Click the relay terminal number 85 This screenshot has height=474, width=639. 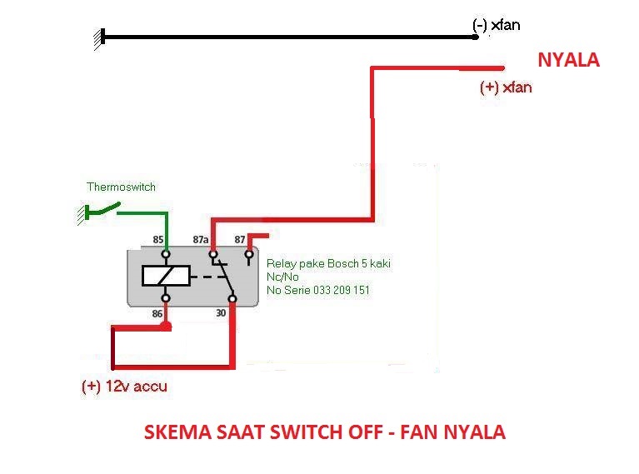158,240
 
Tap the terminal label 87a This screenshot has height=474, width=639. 201,240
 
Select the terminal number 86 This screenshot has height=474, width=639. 157,314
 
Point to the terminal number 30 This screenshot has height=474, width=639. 221,313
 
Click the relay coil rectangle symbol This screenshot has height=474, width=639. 166,276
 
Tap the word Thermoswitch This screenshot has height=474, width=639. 121,187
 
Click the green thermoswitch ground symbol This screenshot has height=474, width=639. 82,213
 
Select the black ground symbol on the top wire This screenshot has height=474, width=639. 99,39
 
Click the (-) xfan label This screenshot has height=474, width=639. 496,25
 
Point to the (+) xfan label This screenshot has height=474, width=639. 506,87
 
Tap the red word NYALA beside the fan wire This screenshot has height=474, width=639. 568,60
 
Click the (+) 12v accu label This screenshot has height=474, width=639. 124,386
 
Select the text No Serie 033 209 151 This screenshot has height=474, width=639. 318,290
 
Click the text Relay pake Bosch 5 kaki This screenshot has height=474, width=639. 328,264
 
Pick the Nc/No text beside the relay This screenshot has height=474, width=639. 282,277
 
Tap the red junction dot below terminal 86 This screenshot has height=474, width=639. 166,326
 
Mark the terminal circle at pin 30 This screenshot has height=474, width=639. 232,299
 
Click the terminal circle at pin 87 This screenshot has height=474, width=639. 249,255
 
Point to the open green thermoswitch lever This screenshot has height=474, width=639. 105,208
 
